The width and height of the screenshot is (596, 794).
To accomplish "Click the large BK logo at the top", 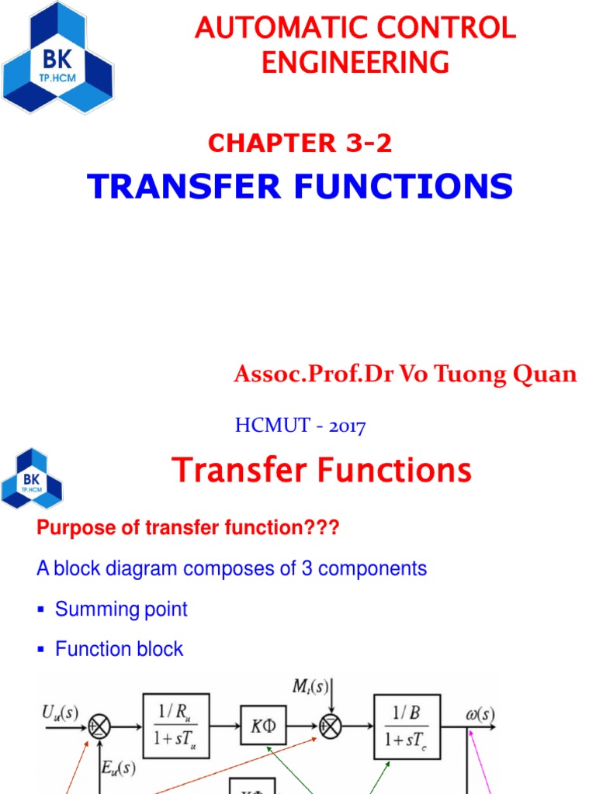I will pos(57,59).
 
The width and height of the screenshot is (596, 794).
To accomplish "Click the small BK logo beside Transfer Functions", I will pos(32,478).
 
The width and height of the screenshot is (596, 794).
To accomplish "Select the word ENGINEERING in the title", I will pos(355,62).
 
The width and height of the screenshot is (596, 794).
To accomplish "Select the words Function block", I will pos(119,649).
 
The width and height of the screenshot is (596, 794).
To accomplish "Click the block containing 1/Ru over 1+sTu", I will pos(175,727).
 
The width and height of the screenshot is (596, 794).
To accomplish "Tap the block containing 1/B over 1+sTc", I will pos(407,727).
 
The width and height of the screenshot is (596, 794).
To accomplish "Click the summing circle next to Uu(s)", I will pos(99,727).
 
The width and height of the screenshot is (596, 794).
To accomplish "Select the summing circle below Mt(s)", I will pos(330,727).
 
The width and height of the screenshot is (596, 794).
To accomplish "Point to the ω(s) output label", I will pos(480,714).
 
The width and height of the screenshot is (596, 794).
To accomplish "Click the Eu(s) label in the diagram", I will pos(119,769).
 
